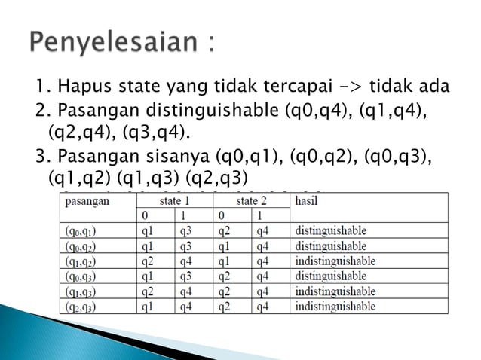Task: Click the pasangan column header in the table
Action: coord(87,201)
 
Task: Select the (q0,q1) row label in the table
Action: coord(81,231)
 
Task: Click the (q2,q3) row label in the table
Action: coord(81,307)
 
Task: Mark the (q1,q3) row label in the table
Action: coord(81,291)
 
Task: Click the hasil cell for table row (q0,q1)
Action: coord(330,231)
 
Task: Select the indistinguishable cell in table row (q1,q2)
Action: coord(335,261)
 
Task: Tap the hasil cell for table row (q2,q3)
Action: coord(335,307)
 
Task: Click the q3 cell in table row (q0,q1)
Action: coord(186,231)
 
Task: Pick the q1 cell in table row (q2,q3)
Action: coord(147,307)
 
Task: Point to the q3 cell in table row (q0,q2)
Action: coord(186,246)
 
